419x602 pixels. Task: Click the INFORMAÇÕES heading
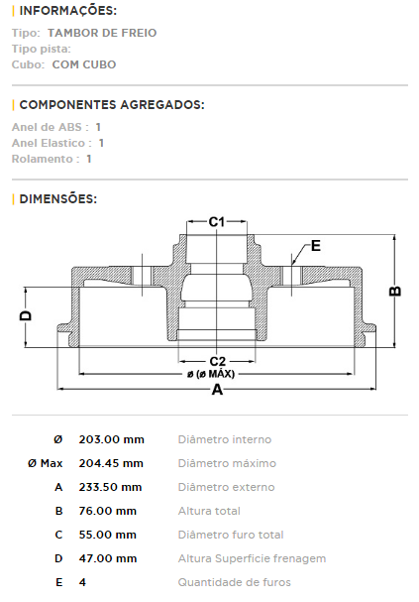[68, 10]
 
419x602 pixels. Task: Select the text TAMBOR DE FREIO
[102, 33]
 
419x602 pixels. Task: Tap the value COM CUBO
[84, 64]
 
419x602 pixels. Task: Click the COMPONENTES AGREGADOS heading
[112, 104]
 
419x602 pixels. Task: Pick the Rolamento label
[43, 159]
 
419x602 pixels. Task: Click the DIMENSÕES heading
[58, 199]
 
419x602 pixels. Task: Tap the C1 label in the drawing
[217, 222]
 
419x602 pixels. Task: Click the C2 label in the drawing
[217, 361]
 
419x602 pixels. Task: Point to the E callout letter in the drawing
[316, 246]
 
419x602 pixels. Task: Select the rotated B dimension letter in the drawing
[395, 292]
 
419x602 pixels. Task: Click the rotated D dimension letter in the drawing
[26, 315]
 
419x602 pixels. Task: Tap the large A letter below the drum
[217, 390]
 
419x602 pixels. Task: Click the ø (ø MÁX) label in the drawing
[211, 374]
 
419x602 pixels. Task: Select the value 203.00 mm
[112, 439]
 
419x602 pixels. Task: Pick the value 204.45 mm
[111, 463]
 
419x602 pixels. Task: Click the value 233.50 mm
[110, 487]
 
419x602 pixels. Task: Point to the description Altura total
[209, 511]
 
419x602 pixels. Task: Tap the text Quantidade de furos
[234, 582]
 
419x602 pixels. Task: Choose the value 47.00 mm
[108, 558]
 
